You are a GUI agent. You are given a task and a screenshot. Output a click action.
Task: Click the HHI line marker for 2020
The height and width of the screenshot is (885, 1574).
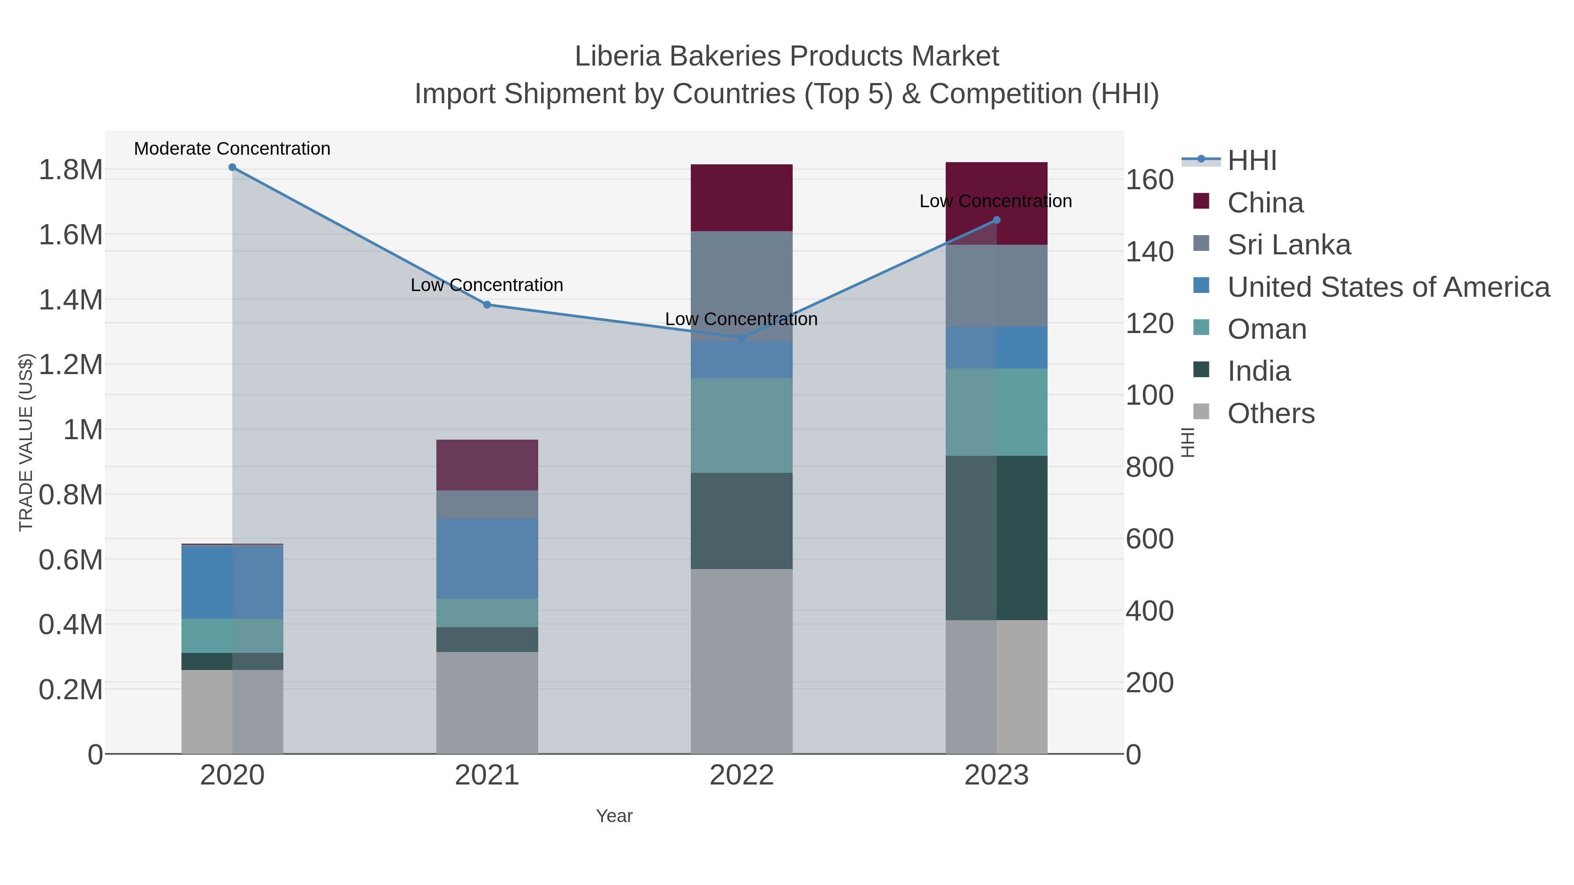point(232,167)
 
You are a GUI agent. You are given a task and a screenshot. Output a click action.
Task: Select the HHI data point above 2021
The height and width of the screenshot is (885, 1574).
point(487,305)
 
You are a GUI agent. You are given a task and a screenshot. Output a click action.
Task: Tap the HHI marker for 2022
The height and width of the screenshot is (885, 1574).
point(742,337)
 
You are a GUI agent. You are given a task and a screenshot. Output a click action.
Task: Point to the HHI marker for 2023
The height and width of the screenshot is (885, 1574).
point(996,220)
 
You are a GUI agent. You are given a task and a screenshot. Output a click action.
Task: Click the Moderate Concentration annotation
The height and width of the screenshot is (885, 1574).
point(232,149)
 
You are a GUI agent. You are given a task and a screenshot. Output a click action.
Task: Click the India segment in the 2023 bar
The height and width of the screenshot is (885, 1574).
point(996,538)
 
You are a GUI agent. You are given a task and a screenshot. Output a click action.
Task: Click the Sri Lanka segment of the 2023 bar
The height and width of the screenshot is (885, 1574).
point(996,285)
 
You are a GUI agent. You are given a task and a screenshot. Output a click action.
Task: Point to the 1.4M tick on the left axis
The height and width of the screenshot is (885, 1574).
point(71,300)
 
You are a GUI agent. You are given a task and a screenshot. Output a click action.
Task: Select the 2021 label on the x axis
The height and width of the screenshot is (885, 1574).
point(487,776)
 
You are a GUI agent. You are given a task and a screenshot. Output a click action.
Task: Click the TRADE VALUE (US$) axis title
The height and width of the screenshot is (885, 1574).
point(26,442)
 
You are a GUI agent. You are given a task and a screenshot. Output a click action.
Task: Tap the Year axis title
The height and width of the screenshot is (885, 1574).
point(614,816)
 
